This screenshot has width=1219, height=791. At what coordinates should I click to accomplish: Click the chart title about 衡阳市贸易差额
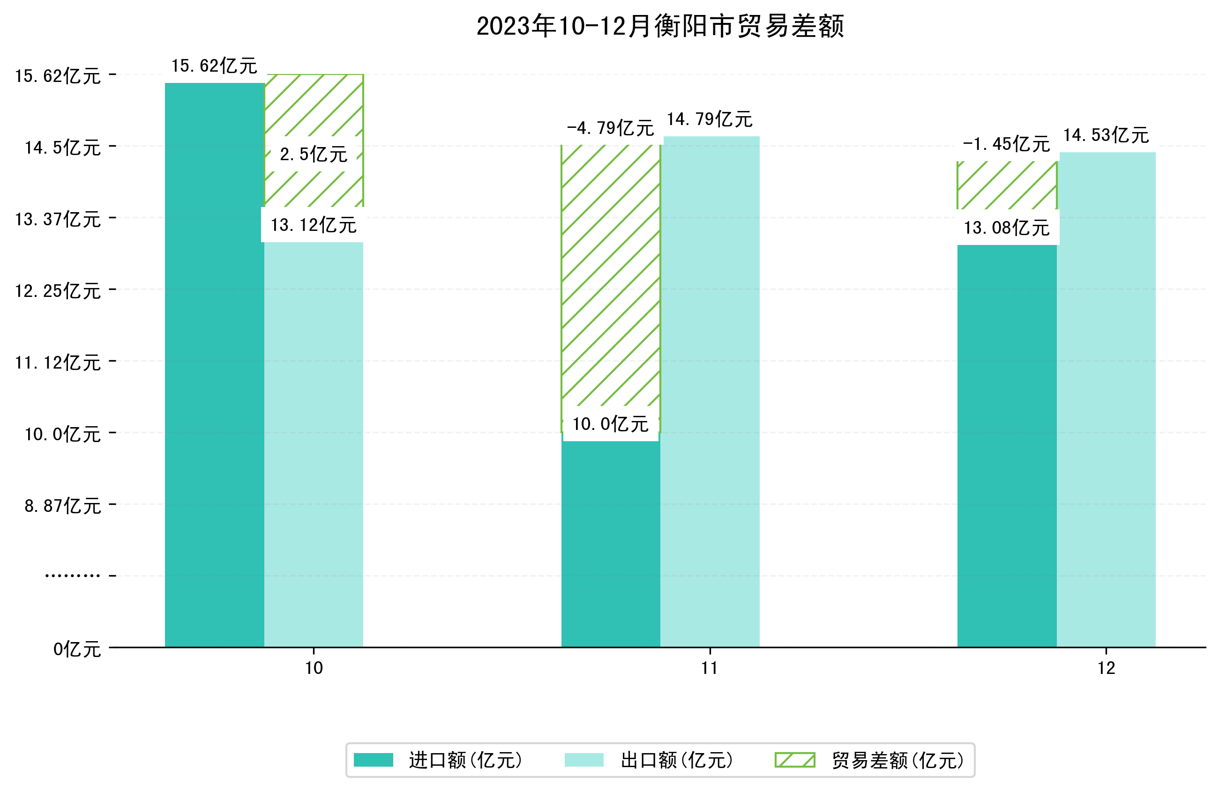coord(660,26)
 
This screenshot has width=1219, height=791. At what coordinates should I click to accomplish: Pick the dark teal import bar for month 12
coord(1006,445)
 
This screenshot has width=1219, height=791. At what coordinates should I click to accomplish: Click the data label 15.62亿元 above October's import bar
coord(214,66)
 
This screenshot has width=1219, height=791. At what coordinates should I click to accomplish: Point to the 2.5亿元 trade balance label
coord(314,154)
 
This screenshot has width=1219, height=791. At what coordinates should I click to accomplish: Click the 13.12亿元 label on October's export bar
coord(314,225)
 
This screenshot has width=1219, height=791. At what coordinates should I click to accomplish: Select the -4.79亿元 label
coord(610,128)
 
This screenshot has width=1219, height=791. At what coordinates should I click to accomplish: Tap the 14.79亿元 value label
coord(710,119)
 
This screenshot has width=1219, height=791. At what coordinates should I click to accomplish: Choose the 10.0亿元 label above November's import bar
coord(610,424)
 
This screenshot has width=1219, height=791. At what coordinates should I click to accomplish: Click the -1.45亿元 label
coord(1006,144)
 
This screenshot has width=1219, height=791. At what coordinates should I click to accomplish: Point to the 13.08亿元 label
coord(1006,228)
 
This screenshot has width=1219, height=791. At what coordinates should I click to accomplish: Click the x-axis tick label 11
coord(710,668)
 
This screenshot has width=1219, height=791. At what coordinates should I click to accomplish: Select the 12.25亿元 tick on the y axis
coord(58,291)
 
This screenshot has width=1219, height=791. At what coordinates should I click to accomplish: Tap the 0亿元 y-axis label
coord(77,649)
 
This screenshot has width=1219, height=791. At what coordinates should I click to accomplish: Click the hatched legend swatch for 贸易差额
coord(794,760)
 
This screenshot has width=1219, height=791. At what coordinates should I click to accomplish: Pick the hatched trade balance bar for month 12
coord(1006,185)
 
